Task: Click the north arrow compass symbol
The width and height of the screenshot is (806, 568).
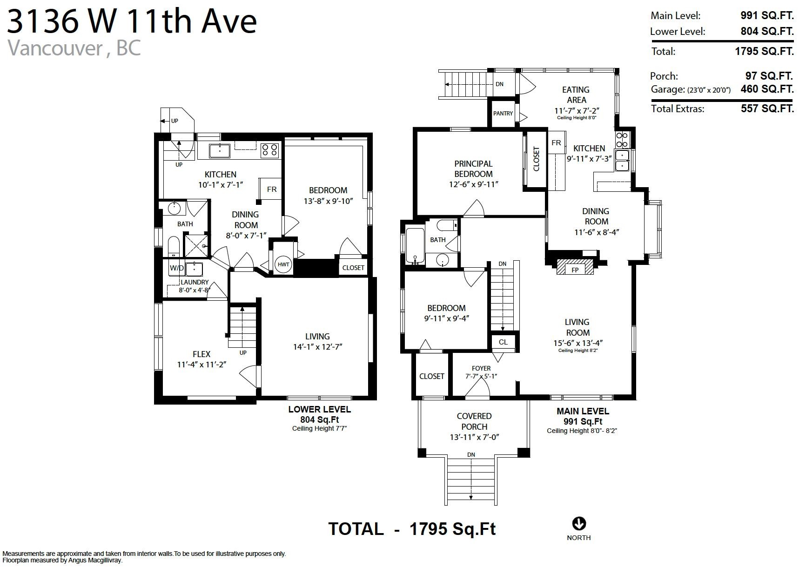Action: [x=578, y=523]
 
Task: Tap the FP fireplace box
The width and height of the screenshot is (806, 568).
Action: [x=575, y=267]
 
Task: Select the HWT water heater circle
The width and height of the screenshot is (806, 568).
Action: [x=283, y=264]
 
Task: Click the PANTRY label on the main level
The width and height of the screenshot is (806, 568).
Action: [x=503, y=113]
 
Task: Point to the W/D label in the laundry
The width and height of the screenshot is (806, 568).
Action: [x=177, y=268]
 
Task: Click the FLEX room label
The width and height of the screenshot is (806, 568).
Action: [x=201, y=354]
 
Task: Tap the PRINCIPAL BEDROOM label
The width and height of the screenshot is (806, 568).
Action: [x=473, y=169]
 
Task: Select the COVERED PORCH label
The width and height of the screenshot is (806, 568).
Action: [x=474, y=421]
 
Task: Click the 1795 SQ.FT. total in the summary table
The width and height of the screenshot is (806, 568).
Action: [x=764, y=51]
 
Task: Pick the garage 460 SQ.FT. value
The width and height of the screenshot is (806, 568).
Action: [x=767, y=89]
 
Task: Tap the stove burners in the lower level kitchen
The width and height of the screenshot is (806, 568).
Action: [x=269, y=149]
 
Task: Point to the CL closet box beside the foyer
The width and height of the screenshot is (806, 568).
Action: [x=503, y=342]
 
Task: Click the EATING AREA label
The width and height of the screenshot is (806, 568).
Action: [x=576, y=95]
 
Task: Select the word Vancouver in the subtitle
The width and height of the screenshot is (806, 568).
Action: [x=55, y=48]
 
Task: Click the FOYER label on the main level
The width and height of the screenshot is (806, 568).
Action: [x=481, y=368]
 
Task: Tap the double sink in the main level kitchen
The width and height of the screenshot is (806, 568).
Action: [x=622, y=160]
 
